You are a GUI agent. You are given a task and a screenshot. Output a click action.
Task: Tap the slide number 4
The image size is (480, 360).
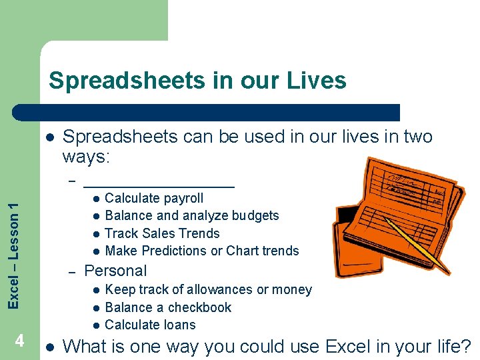tap(20, 341)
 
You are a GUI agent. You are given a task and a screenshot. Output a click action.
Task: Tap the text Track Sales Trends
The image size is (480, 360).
tap(162, 233)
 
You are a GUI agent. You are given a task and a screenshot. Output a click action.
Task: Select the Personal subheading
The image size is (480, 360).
tap(115, 271)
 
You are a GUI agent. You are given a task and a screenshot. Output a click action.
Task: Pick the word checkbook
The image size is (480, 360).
tap(198, 307)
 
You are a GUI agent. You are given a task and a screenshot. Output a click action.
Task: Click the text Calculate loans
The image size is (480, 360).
tap(150, 325)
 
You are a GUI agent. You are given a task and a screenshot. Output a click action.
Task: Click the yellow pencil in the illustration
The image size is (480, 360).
tap(416, 247)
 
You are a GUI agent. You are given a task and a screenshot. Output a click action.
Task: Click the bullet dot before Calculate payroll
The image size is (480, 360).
tap(96, 199)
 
